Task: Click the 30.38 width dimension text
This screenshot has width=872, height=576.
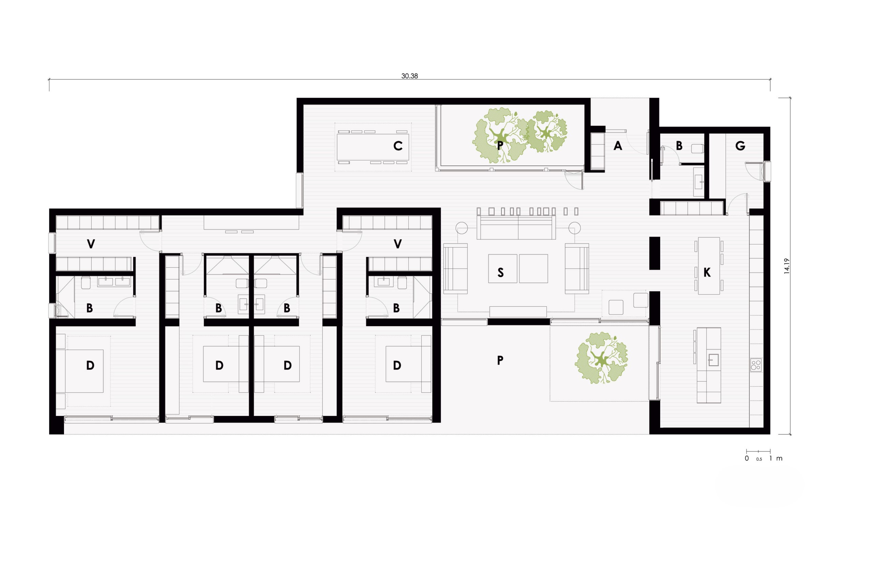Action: click(x=409, y=76)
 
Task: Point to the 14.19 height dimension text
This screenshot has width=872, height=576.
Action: click(x=787, y=266)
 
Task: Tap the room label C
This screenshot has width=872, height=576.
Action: click(x=398, y=146)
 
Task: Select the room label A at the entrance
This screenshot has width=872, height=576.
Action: click(x=618, y=146)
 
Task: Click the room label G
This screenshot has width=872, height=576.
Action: click(x=740, y=146)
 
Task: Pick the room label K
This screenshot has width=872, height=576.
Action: click(x=707, y=272)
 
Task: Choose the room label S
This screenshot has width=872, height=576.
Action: click(x=500, y=272)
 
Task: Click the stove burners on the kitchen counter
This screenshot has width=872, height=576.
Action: click(x=756, y=365)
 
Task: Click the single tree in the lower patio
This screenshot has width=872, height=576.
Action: click(x=601, y=358)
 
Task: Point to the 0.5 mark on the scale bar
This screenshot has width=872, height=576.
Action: click(x=759, y=459)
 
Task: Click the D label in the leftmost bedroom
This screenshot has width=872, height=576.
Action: click(x=90, y=365)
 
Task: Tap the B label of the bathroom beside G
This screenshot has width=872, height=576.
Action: click(x=679, y=146)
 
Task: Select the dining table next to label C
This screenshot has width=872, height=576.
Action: click(x=372, y=147)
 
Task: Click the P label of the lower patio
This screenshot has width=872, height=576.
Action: click(x=500, y=361)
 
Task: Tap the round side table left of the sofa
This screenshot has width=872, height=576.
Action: click(x=462, y=228)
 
